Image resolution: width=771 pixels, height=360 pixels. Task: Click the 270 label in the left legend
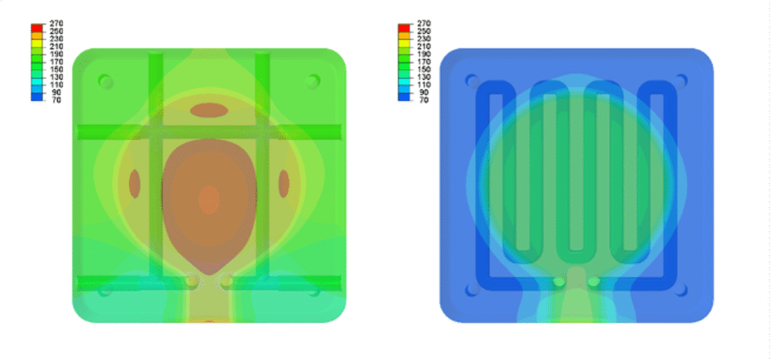pyautogui.click(x=56, y=23)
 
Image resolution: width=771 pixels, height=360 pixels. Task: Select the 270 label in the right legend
pyautogui.click(x=423, y=23)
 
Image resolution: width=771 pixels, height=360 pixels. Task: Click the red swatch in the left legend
pyautogui.click(x=37, y=28)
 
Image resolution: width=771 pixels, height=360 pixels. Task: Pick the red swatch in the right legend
pyautogui.click(x=404, y=28)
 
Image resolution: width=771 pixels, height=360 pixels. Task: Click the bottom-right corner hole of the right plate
pyautogui.click(x=681, y=290)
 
